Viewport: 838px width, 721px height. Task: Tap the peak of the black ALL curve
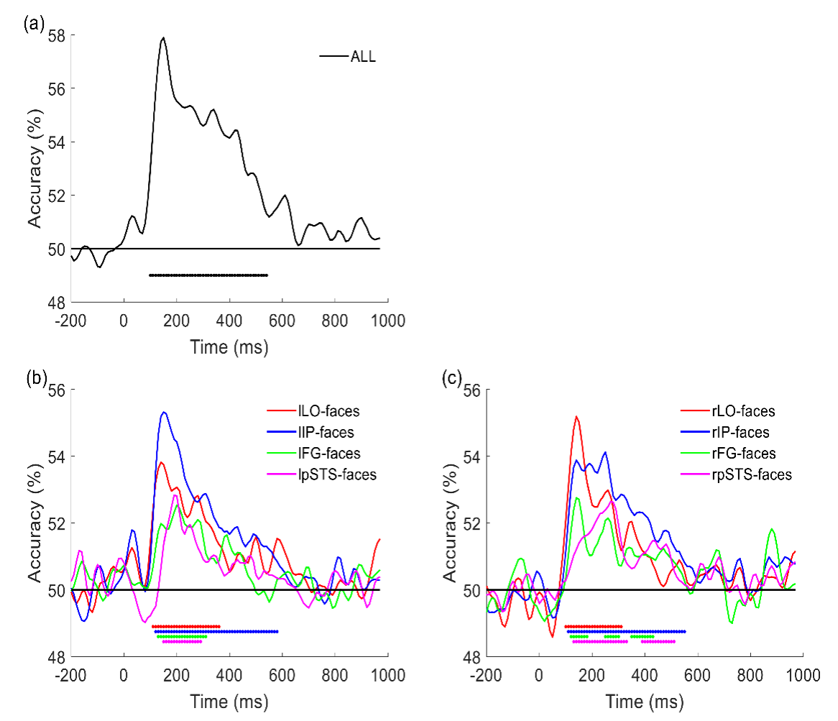coord(163,38)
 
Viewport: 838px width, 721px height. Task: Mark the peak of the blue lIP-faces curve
coord(164,413)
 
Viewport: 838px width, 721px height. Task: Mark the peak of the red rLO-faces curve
coord(576,416)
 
